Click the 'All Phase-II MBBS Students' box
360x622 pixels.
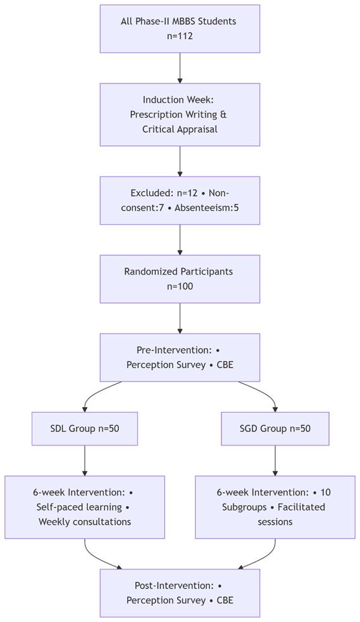(180, 28)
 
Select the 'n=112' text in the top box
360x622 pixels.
(180, 36)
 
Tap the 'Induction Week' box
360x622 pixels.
(180, 115)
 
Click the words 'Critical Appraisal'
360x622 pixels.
(180, 129)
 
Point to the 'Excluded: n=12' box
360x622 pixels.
(180, 200)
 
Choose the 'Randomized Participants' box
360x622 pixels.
(180, 278)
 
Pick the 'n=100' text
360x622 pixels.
(180, 286)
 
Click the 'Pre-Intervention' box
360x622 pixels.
(180, 357)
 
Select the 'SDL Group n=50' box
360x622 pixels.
(85, 428)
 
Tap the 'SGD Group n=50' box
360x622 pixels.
(275, 428)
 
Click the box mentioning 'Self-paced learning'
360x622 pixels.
(85, 507)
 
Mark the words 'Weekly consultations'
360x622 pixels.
(85, 522)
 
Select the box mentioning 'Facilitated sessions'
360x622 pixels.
(275, 507)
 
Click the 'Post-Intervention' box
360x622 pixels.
(180, 593)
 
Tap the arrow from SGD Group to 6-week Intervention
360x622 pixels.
(275, 461)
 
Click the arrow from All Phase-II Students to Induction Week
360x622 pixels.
(180, 68)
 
